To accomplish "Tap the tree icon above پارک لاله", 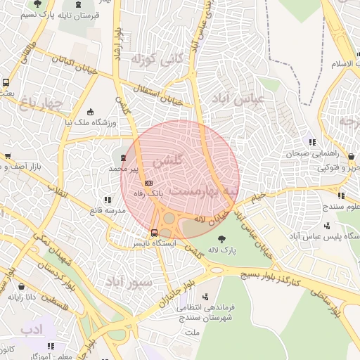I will pyautogui.click(x=223, y=239).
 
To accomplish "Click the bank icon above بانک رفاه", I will pyautogui.click(x=148, y=181).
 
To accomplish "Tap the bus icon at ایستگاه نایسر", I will pyautogui.click(x=155, y=233).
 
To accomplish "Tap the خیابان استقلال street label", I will pyautogui.click(x=157, y=93).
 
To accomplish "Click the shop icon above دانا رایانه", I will pyautogui.click(x=22, y=287).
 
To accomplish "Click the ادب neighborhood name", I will pyautogui.click(x=32, y=329).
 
